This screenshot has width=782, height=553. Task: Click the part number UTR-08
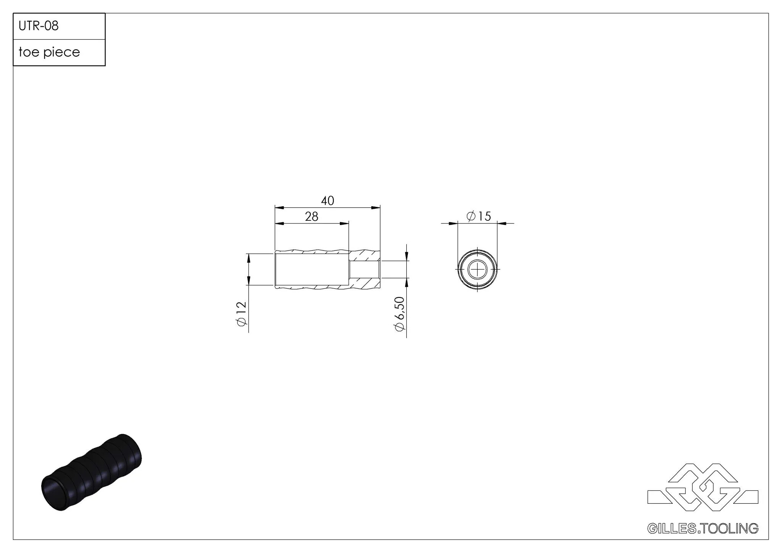(x=39, y=26)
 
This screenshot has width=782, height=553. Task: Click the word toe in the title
(x=29, y=52)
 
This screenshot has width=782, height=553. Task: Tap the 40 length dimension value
(x=328, y=201)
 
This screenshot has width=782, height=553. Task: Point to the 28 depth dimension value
(x=312, y=217)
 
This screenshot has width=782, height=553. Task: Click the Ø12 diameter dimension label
(x=242, y=314)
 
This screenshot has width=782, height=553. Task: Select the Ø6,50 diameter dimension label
(x=400, y=314)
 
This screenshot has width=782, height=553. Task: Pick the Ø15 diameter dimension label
(x=479, y=217)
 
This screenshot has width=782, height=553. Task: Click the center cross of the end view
(x=477, y=270)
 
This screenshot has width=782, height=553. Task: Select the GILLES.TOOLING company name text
(x=703, y=528)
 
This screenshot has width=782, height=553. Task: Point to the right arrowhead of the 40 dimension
(x=376, y=208)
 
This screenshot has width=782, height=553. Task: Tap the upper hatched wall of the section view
(x=365, y=255)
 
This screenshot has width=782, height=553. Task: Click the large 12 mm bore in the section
(x=312, y=270)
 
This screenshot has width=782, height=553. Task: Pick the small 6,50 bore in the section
(x=364, y=270)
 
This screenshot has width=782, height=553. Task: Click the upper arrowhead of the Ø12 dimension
(x=249, y=258)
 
